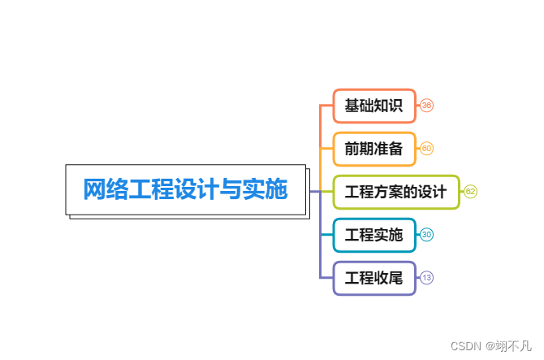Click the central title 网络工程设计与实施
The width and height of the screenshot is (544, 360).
[x=185, y=190]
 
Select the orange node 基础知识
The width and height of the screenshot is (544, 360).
[x=374, y=106]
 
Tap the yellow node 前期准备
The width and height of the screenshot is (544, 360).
[x=374, y=149]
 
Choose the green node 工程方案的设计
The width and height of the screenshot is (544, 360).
[x=396, y=193]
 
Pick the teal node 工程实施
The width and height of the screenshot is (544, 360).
[x=374, y=236]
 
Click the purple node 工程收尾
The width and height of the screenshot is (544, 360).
[x=374, y=279]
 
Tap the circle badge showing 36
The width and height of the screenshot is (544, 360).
[x=426, y=106]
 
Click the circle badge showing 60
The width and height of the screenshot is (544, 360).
[x=426, y=149]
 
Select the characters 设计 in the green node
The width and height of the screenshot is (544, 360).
[x=432, y=193]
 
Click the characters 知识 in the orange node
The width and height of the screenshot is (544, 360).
[x=389, y=106]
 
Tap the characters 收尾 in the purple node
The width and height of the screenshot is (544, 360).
[x=389, y=279]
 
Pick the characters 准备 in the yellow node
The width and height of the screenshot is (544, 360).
[x=389, y=149]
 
